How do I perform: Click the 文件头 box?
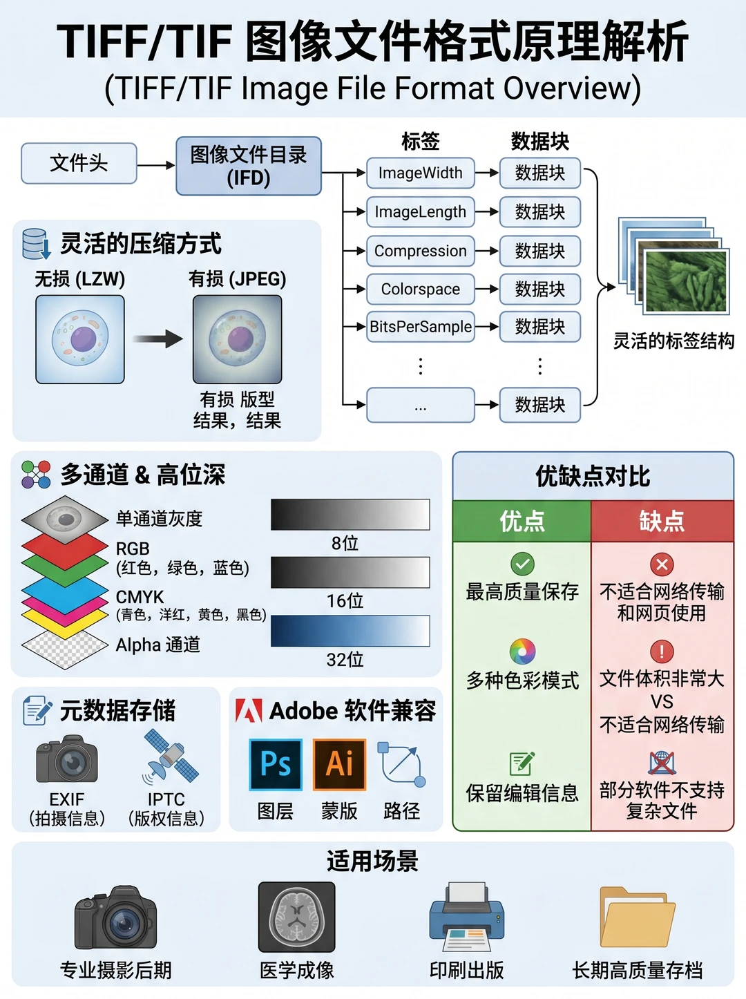pos(79,163)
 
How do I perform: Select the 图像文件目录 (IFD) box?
pos(249,166)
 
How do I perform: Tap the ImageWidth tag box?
pos(420,173)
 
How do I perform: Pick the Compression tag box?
pos(420,251)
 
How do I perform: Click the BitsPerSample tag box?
pos(420,326)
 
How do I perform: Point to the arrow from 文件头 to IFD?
pos(156,165)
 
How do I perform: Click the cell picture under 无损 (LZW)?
pos(80,339)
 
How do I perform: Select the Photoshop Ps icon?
pos(276,764)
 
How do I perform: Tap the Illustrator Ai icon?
pos(339,764)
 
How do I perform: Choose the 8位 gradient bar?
pos(350,514)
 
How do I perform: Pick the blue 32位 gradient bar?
pos(350,631)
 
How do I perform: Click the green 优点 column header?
pos(522,521)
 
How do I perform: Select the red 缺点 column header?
pos(662,521)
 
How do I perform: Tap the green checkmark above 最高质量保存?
pos(522,564)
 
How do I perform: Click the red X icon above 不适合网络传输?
pos(662,564)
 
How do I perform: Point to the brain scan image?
pos(296,917)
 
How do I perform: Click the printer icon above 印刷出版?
pos(467,916)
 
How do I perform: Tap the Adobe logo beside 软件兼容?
pos(249,710)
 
